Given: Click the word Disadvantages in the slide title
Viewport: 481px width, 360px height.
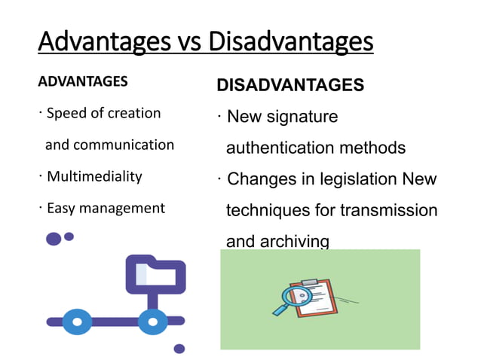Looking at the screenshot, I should (290, 41).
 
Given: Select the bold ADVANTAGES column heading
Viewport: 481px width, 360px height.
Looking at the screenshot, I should (82, 81).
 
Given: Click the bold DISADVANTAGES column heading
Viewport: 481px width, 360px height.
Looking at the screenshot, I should (290, 85).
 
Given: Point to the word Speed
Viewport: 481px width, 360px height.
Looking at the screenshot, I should (65, 114).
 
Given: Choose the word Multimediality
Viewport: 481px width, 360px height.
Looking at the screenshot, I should (94, 177).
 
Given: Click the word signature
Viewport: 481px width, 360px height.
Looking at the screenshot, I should (302, 117).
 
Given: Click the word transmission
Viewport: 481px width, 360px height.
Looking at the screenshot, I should (388, 210).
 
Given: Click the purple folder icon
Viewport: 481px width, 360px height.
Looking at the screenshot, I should (155, 274).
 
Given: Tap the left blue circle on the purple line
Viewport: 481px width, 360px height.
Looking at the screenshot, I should (77, 321).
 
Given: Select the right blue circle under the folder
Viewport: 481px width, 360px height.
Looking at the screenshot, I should (153, 321).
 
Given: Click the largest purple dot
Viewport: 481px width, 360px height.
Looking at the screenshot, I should (54, 239).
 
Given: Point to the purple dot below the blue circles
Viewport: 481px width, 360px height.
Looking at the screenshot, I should (179, 349).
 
